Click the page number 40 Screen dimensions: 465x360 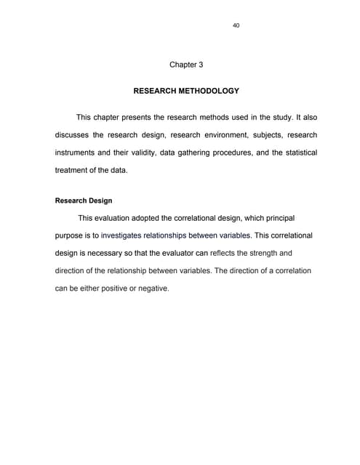[x=236, y=25]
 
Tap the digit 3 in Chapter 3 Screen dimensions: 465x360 [x=200, y=65]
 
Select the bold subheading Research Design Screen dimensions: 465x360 [x=84, y=200]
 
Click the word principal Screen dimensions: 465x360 [x=273, y=218]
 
